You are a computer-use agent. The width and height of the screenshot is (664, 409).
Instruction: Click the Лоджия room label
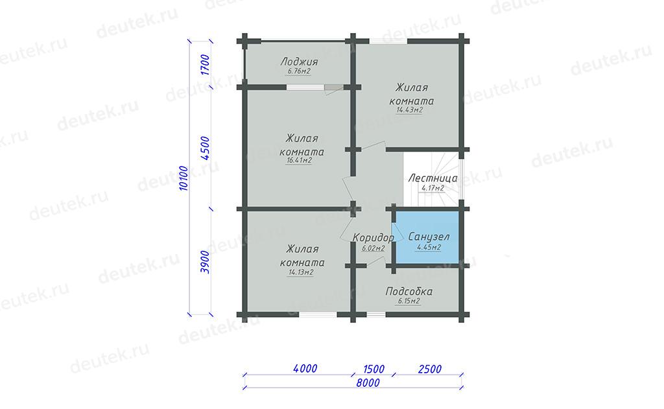[299, 62]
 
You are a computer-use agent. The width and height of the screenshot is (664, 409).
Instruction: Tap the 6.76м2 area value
[299, 71]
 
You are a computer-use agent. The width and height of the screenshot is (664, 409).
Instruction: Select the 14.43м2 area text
[410, 110]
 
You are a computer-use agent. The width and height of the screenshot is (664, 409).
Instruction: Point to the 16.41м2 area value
[299, 161]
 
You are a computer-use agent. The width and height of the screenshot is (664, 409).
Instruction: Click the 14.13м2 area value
[301, 272]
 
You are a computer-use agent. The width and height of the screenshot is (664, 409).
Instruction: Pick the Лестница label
[433, 178]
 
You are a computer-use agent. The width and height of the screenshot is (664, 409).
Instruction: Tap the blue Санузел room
[427, 237]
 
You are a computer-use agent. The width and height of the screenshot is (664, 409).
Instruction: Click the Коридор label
[373, 237]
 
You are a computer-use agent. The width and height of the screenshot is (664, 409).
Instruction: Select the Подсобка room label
[409, 291]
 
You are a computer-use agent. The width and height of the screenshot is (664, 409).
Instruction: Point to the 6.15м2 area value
[409, 301]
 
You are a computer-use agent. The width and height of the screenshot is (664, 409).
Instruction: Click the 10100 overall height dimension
[184, 178]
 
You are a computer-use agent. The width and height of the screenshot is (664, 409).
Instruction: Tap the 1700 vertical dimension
[205, 65]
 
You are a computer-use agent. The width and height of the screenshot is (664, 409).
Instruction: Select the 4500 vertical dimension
[205, 148]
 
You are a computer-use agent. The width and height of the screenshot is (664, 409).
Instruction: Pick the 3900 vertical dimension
[205, 262]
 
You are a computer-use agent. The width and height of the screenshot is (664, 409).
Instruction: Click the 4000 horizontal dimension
[305, 369]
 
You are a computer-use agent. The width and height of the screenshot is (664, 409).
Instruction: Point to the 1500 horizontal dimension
[373, 369]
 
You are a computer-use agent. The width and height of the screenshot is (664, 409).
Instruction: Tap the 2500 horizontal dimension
[430, 369]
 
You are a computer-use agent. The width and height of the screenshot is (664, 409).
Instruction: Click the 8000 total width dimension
[368, 383]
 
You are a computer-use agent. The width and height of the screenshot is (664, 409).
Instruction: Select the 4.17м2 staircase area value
[433, 188]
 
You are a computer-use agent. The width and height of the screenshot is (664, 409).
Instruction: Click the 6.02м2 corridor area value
[373, 248]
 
